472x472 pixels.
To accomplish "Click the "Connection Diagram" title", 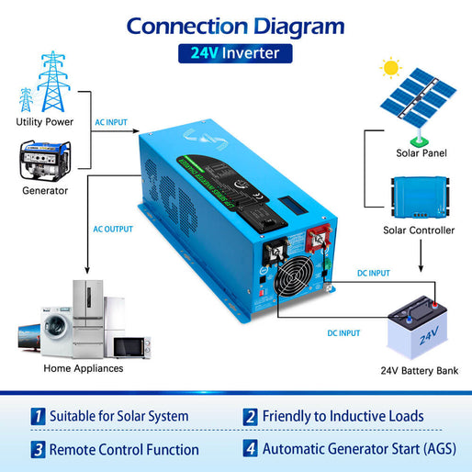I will pos(235,25).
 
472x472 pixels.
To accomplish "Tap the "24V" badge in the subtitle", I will pos(203,53).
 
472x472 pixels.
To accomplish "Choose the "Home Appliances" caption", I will pos(84,368).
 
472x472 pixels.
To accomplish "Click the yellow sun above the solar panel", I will pos(392,68).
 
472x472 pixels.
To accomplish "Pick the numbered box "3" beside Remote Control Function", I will pos(38,449).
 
